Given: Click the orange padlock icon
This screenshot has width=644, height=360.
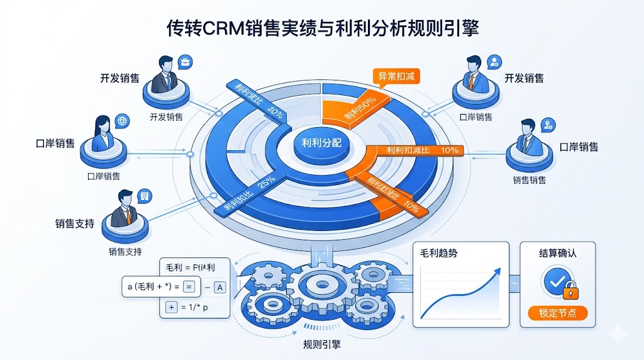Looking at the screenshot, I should (x=570, y=290).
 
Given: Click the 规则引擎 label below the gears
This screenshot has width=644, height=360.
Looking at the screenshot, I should (x=322, y=345).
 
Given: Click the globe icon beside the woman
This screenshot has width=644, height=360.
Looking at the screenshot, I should (x=122, y=120).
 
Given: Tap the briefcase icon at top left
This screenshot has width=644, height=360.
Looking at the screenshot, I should (x=185, y=62).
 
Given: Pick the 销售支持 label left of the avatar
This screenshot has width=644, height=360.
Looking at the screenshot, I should (x=74, y=223).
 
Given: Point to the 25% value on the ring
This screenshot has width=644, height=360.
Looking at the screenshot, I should (x=267, y=181).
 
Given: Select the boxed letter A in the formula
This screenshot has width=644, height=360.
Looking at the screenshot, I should (x=220, y=288).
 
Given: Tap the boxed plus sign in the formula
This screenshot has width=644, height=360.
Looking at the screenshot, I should (x=170, y=307).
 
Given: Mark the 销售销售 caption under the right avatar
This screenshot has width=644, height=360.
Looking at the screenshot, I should (x=529, y=180).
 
